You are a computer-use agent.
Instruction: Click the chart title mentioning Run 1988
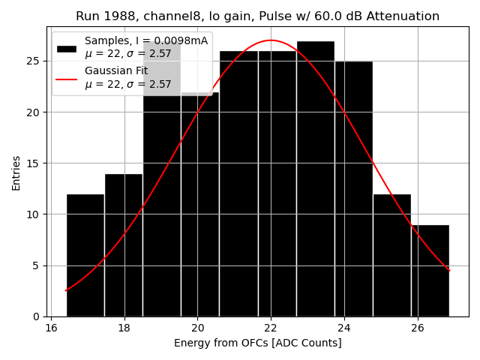[x=257, y=16]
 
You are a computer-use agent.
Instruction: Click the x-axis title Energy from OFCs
[x=257, y=343]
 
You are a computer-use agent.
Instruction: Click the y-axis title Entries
[x=16, y=172]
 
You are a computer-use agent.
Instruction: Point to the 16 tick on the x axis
[x=50, y=328]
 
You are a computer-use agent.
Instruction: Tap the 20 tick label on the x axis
[x=197, y=328]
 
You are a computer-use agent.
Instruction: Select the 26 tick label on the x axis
[x=418, y=328]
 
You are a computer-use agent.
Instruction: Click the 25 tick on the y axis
[x=37, y=61]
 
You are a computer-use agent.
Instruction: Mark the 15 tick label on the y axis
[x=37, y=163]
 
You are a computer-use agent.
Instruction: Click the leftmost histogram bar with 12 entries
[x=85, y=255]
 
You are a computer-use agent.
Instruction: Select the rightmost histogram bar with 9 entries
[x=430, y=270]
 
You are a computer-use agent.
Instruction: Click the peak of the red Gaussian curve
[x=271, y=40]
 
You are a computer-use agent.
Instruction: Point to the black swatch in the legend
[x=67, y=49]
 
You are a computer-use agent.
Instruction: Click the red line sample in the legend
[x=67, y=77]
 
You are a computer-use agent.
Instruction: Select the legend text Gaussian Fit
[x=116, y=70]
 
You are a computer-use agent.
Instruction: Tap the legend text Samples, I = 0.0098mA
[x=146, y=40]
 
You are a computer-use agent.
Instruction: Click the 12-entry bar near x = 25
[x=391, y=255]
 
